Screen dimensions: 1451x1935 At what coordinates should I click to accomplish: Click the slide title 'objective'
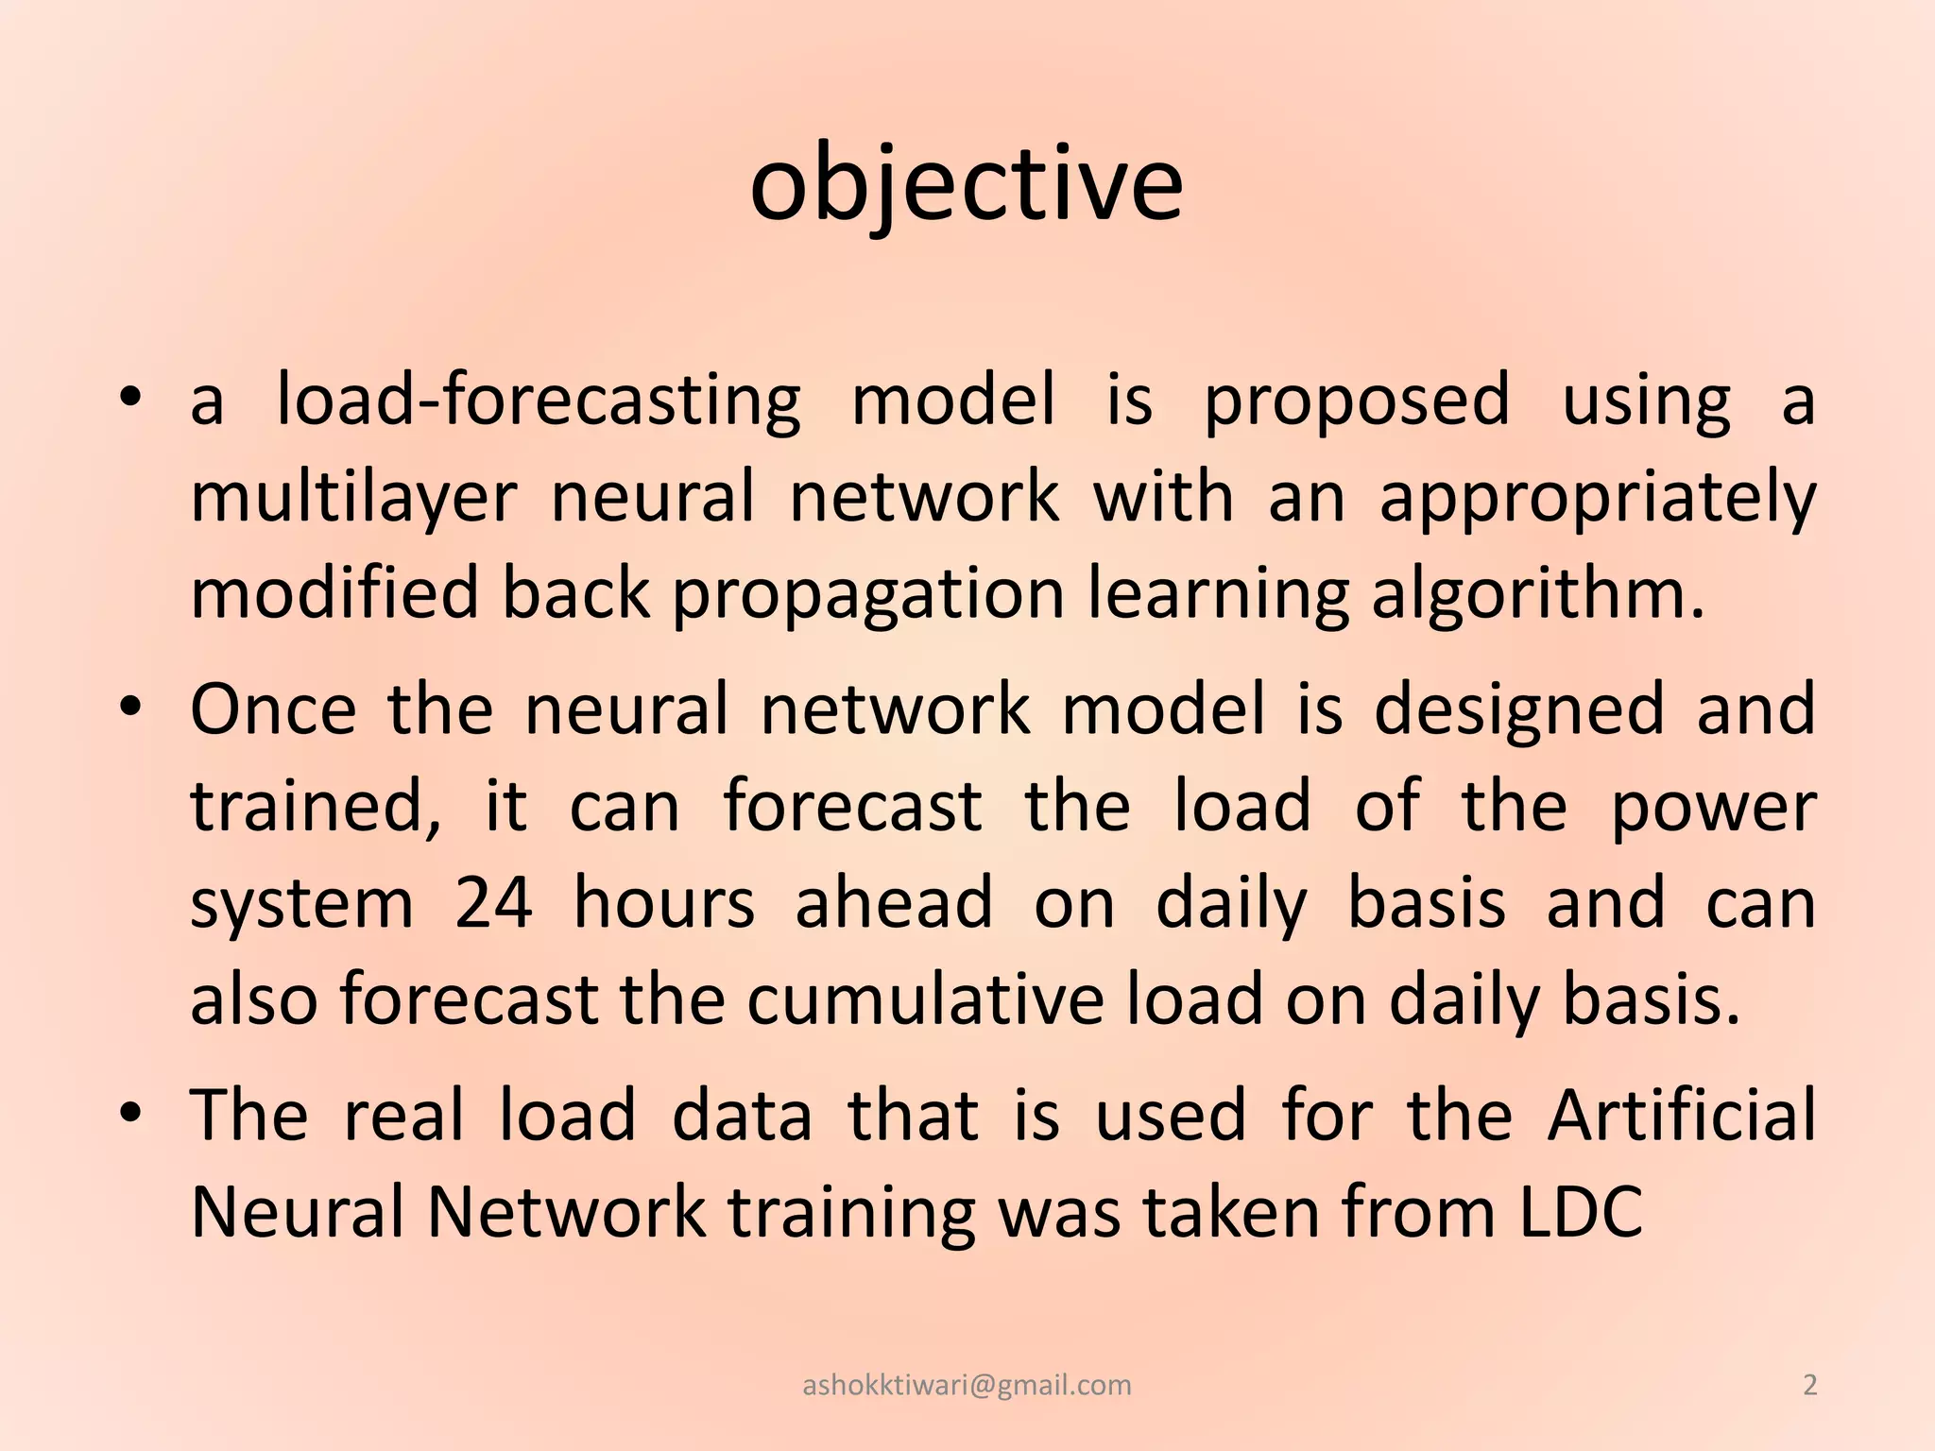pos(966,184)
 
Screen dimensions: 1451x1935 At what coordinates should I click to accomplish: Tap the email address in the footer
pos(967,1385)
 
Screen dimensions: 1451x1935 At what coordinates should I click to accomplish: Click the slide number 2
pos(1809,1385)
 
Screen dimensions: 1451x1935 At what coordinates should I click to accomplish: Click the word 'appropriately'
pos(1597,499)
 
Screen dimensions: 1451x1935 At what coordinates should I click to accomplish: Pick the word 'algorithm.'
pos(1538,595)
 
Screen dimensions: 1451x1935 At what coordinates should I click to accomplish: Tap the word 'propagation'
pos(868,595)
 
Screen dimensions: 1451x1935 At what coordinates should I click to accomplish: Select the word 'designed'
pos(1518,710)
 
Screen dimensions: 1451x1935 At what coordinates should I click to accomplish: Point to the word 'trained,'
pos(316,807)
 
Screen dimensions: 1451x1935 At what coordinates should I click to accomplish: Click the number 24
pos(493,902)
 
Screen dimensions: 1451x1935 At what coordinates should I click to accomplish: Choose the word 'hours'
pos(664,902)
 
